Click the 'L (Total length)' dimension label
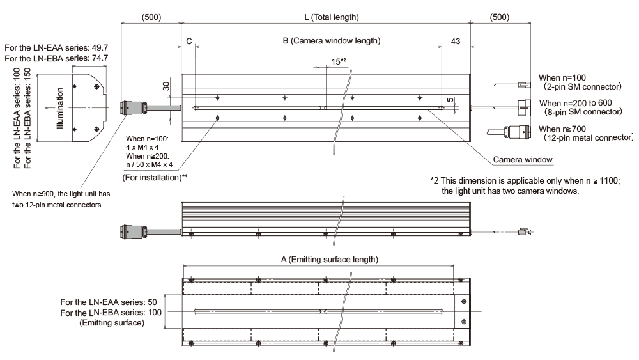(331, 17)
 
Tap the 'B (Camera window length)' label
(331, 41)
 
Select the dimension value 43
(456, 41)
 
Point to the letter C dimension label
(189, 41)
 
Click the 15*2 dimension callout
(338, 61)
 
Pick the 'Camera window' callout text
(523, 160)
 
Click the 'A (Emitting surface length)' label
(329, 260)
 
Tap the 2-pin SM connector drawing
(512, 85)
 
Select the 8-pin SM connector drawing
(524, 108)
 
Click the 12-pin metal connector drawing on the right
(509, 132)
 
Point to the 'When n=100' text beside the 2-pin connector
(562, 77)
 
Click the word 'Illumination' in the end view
(60, 109)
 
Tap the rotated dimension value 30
(166, 86)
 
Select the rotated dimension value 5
(450, 100)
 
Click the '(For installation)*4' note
(155, 177)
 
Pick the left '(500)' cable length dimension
(151, 17)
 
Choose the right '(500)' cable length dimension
(500, 17)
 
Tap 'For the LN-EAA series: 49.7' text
(56, 48)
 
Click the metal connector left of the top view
(134, 108)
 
